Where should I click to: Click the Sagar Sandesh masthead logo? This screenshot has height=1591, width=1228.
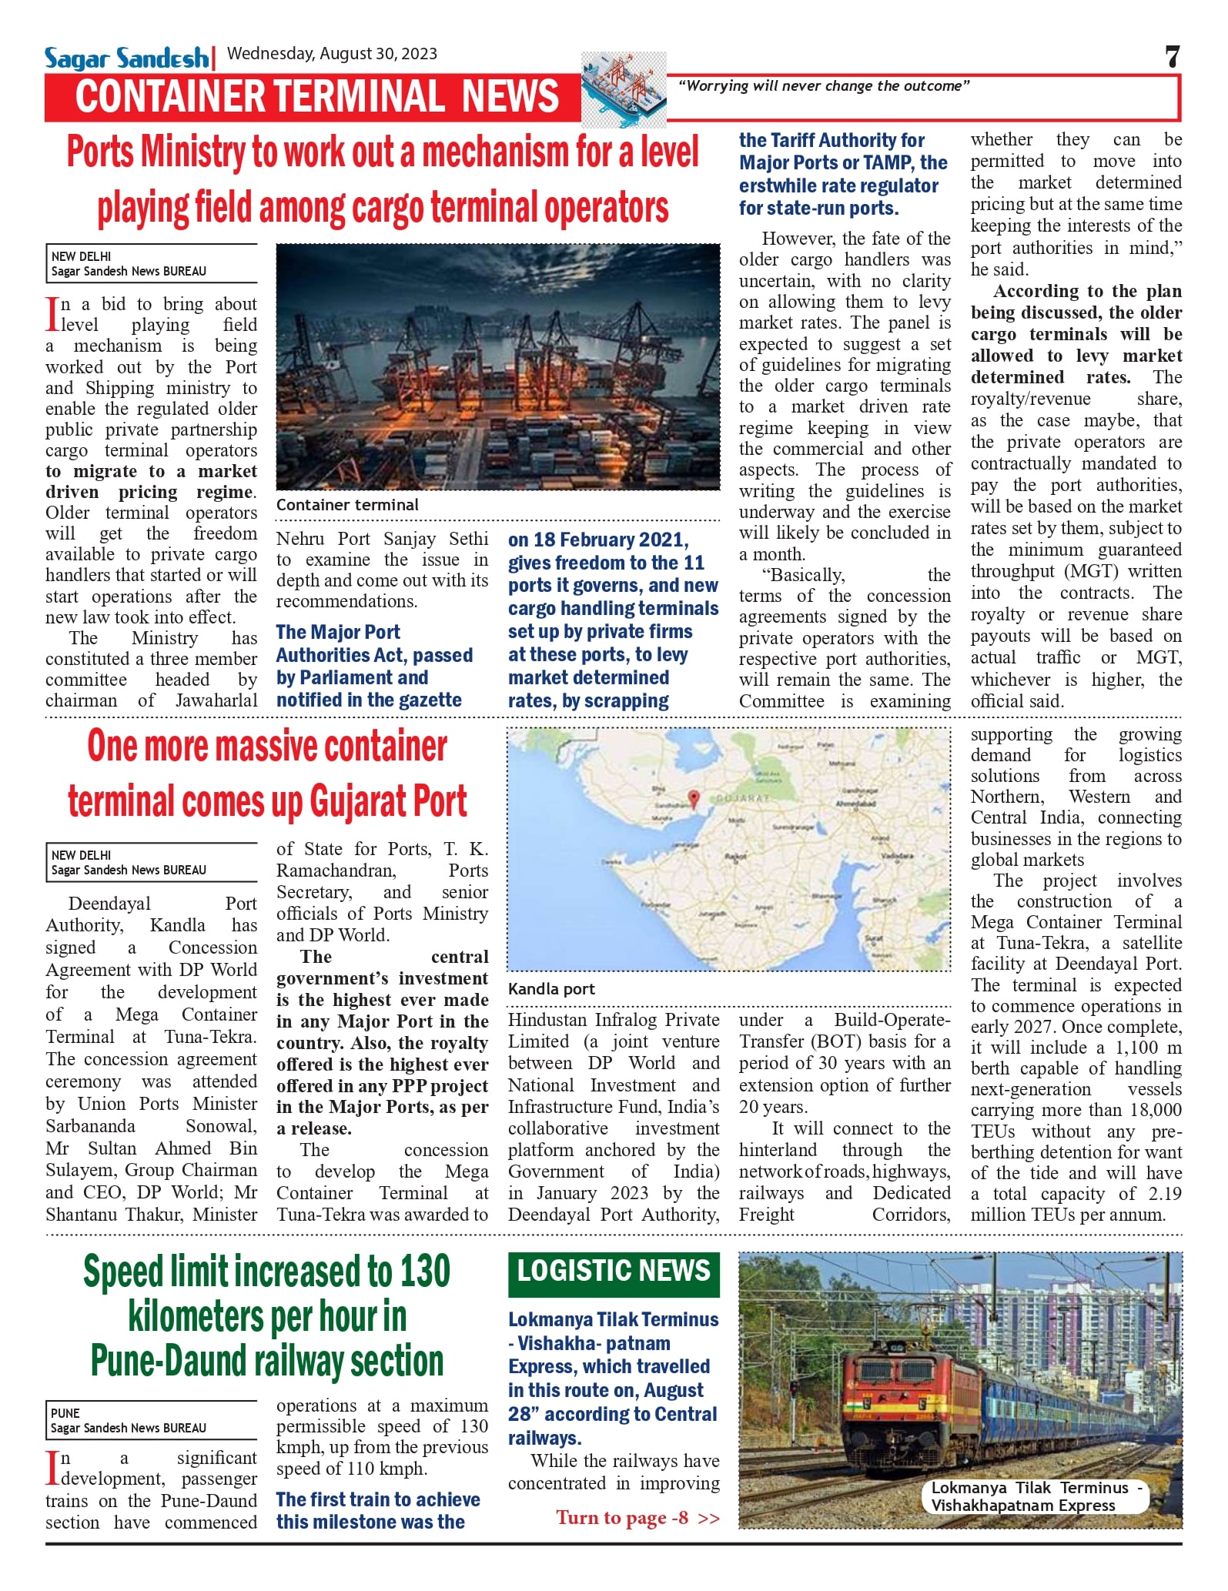[x=126, y=58]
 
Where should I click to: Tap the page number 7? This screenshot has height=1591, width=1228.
[x=1172, y=57]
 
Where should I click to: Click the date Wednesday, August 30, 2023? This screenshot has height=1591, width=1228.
[x=332, y=54]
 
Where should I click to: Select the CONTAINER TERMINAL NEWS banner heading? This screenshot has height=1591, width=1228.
[x=317, y=97]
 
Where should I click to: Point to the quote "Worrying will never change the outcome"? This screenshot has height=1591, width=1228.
[x=823, y=86]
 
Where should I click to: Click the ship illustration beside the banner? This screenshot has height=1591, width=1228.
[x=624, y=89]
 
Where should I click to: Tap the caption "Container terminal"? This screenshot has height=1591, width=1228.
[x=347, y=505]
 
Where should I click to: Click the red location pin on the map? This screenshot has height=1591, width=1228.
[x=693, y=798]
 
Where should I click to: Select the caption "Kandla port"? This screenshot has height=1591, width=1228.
[x=551, y=989]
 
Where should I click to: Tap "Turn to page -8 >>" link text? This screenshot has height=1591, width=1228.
[x=637, y=1517]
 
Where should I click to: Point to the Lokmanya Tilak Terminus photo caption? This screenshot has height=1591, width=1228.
[x=1035, y=1496]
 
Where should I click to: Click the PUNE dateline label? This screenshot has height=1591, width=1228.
[x=65, y=1413]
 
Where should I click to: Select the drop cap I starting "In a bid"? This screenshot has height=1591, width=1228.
[x=52, y=314]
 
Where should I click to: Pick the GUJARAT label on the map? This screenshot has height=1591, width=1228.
[x=742, y=798]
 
